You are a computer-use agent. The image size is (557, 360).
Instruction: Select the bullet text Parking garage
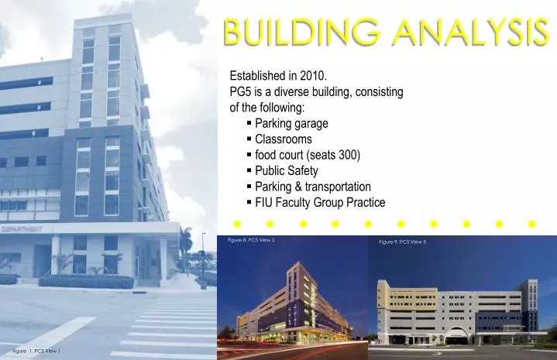pyautogui.click(x=291, y=123)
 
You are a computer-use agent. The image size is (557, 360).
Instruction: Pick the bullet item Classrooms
pyautogui.click(x=284, y=139)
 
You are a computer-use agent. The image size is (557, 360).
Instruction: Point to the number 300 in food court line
pyautogui.click(x=347, y=155)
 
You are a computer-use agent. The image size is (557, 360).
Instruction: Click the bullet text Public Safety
pyautogui.click(x=286, y=171)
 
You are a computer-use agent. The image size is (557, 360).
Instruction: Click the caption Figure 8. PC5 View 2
pyautogui.click(x=251, y=241)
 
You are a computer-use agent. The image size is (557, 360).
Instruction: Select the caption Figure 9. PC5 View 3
pyautogui.click(x=402, y=243)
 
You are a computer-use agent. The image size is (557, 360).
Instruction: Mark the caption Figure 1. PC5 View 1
pyautogui.click(x=36, y=351)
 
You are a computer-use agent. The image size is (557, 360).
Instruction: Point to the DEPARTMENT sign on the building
pyautogui.click(x=22, y=230)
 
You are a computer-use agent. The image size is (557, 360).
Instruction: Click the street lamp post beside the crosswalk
pyautogui.click(x=203, y=259)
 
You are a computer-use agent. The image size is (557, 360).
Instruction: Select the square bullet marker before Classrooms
pyautogui.click(x=249, y=139)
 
